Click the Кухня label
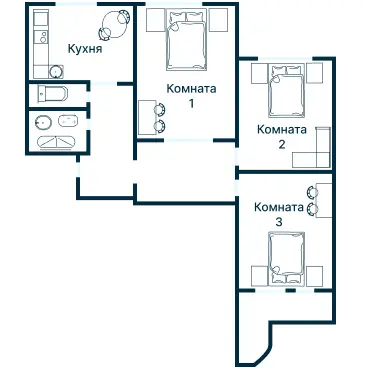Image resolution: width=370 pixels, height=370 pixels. tap(85, 49)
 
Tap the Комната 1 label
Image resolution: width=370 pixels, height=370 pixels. tap(191, 96)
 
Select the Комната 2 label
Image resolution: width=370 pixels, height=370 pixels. tap(282, 137)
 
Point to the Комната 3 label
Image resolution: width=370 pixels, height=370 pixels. tap(279, 214)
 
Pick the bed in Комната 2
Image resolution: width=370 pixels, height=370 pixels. tap(287, 91)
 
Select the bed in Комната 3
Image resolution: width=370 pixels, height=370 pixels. tap(287, 259)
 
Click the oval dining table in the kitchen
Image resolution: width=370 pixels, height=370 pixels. tap(114, 25)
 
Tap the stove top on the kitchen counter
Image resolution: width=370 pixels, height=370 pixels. tap(43, 36)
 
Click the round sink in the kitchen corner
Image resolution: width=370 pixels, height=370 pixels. tap(56, 72)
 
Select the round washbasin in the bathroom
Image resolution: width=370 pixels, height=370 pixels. tap(43, 122)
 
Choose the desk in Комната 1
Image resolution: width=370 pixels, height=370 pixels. tap(147, 117)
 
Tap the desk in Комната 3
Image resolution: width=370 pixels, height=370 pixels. tap(323, 200)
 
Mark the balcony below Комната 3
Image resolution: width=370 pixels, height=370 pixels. tap(286, 320)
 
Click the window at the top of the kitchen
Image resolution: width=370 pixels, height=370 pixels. tap(76, 4)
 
